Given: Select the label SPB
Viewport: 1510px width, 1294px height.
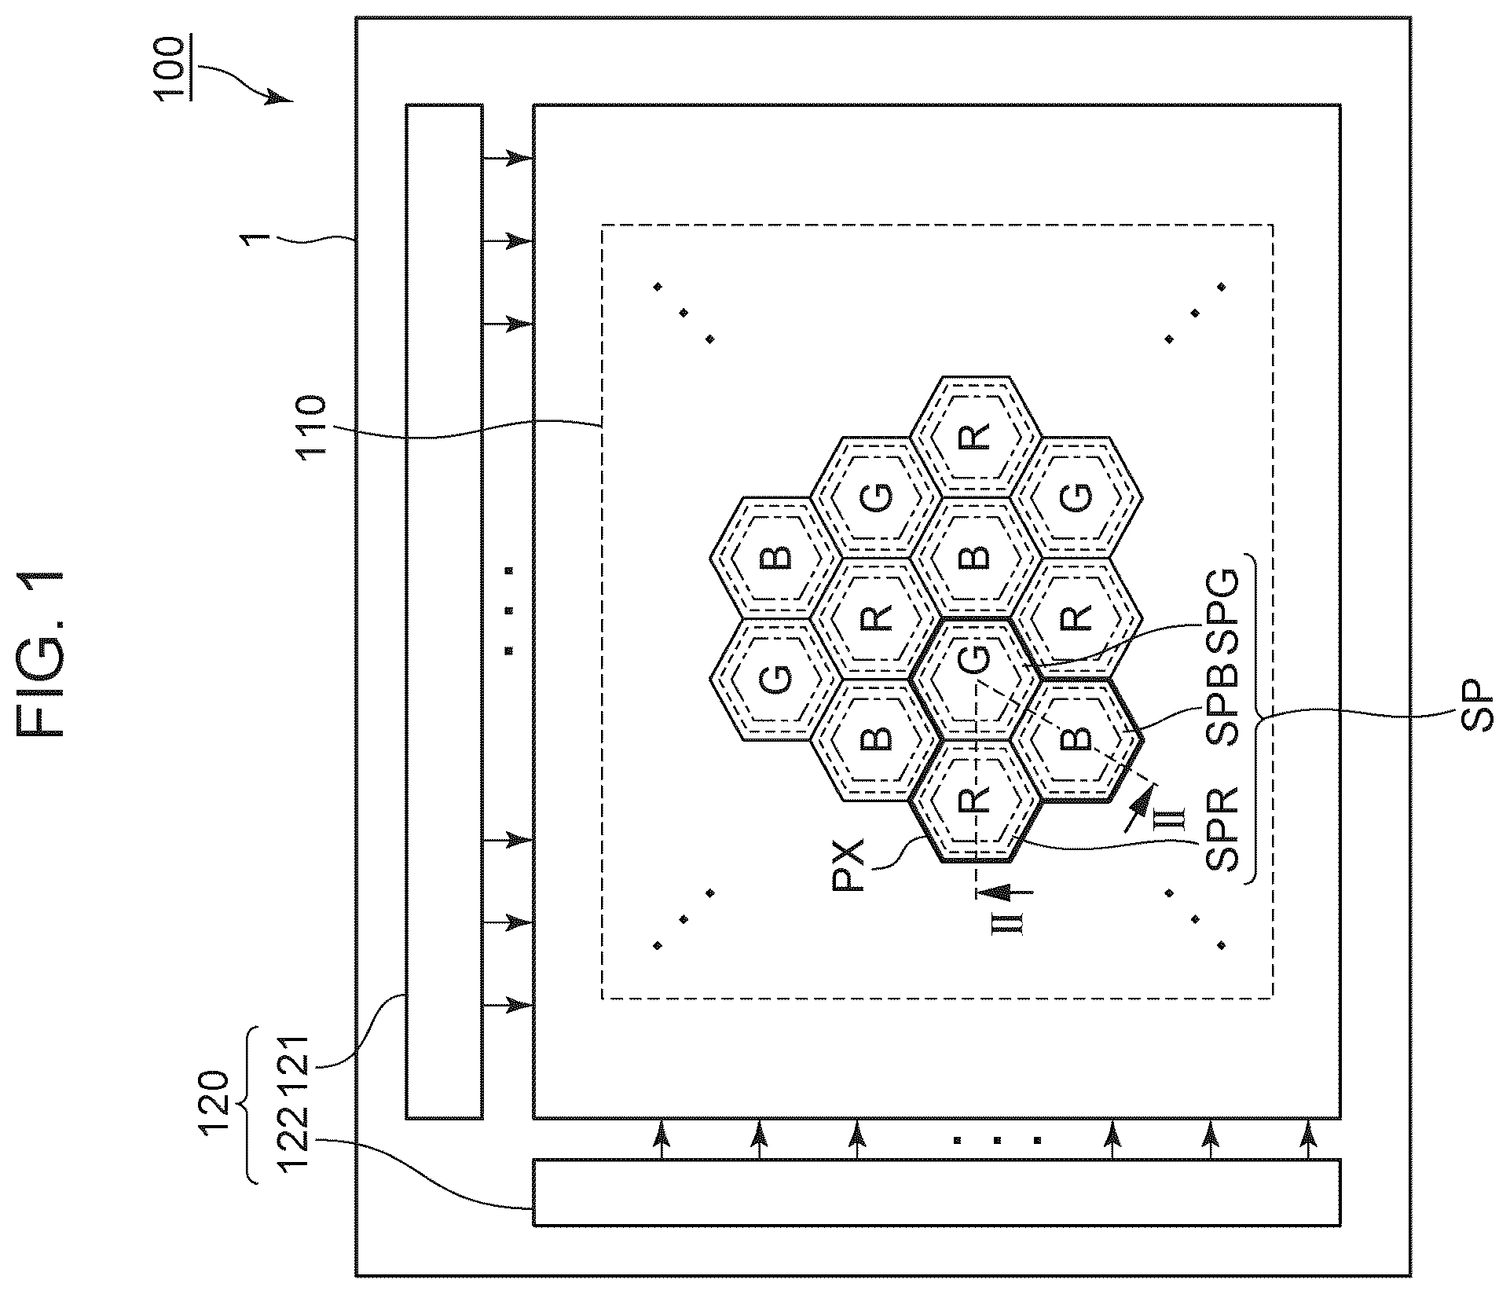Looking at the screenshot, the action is [1222, 696].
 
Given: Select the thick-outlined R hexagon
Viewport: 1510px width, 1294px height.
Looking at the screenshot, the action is [975, 801].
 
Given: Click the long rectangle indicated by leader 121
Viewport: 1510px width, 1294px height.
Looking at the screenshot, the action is [444, 611].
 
